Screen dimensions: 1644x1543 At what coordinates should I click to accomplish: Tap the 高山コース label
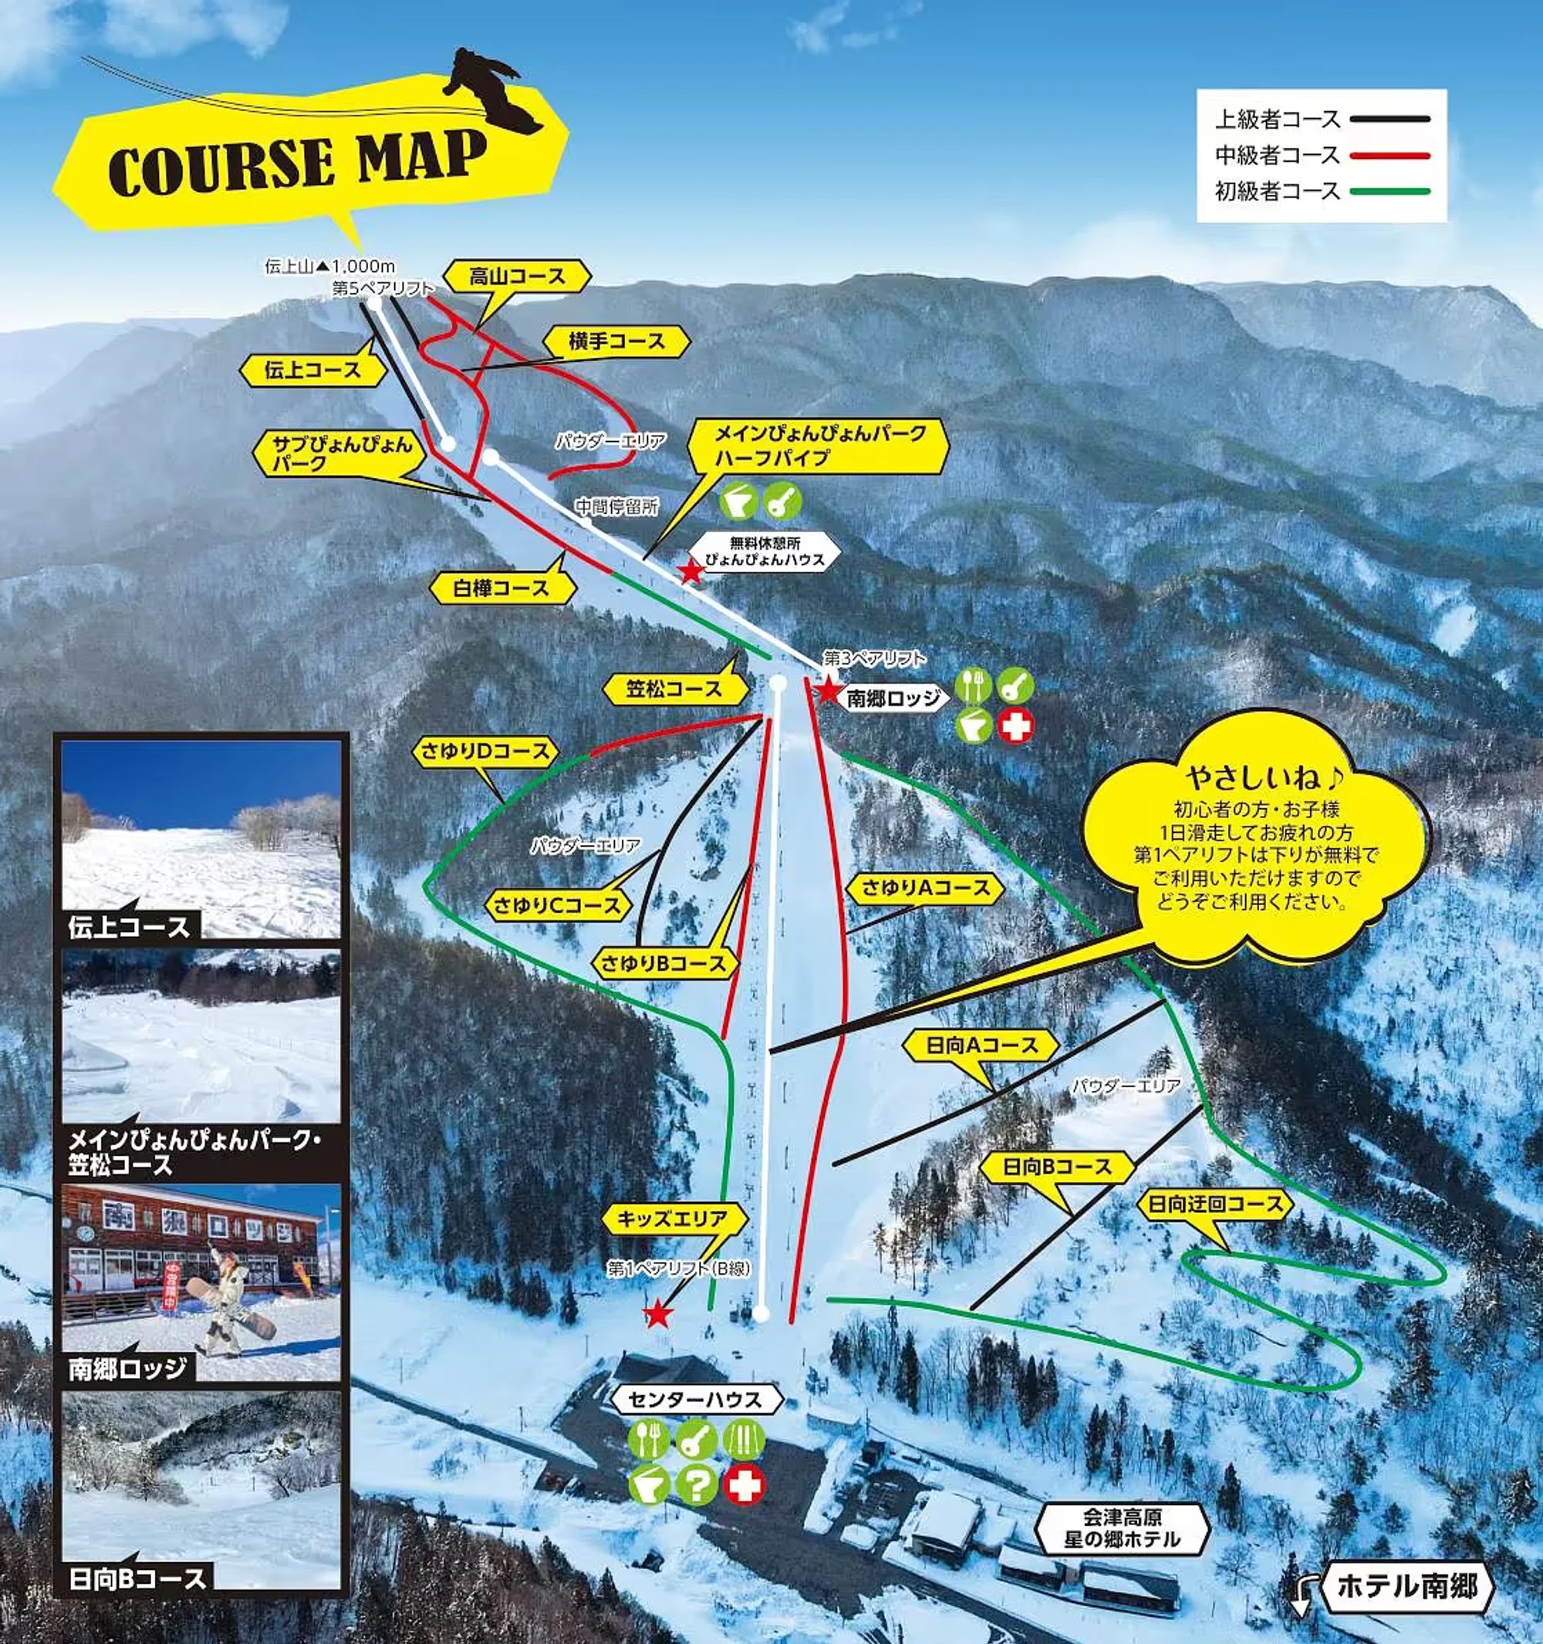(x=517, y=276)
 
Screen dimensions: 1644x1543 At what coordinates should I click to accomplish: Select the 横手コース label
(x=616, y=341)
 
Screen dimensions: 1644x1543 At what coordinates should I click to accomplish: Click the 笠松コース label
(x=674, y=688)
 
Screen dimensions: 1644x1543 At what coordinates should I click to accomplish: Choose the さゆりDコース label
(x=485, y=752)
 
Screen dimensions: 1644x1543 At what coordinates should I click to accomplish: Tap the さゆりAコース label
(x=925, y=889)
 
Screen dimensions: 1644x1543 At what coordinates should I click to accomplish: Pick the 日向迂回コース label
(x=1214, y=1204)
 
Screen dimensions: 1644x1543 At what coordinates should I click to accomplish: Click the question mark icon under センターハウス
(x=696, y=1486)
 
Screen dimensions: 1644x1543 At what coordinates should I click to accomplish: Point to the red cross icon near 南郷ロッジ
(x=1016, y=727)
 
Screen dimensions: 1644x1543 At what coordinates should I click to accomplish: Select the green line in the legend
(x=1390, y=192)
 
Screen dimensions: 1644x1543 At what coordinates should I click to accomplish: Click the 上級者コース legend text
(x=1277, y=119)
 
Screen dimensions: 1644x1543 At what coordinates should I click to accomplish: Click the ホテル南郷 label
(x=1406, y=1586)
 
